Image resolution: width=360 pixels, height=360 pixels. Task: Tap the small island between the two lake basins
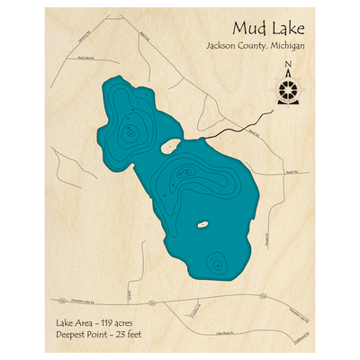coord(170,144)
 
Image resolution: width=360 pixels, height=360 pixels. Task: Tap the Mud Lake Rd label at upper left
coord(85,58)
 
